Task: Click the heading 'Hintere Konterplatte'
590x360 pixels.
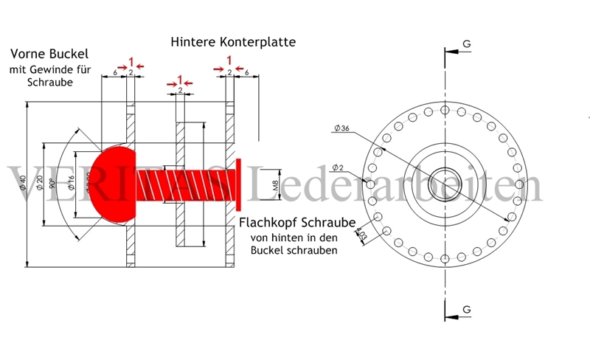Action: coord(233,42)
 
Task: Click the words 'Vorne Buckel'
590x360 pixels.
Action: coord(49,55)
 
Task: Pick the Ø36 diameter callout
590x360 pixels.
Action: coord(341,128)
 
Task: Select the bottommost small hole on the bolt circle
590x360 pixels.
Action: coord(445,257)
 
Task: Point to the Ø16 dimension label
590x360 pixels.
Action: coord(71,181)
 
